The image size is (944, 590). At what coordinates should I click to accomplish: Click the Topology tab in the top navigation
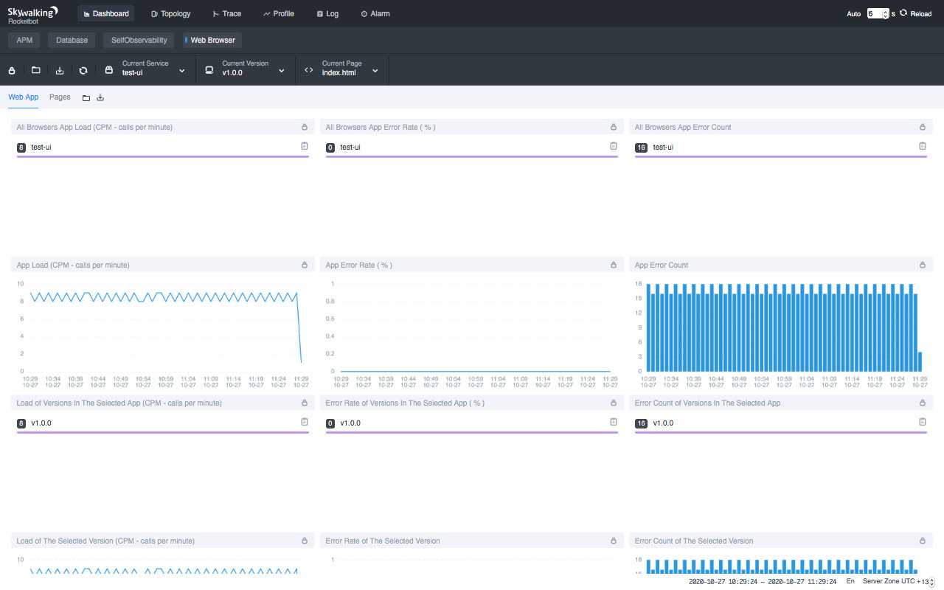[x=170, y=14]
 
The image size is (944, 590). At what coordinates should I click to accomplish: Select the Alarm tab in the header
[x=375, y=14]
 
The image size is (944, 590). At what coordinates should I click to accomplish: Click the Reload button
[x=915, y=13]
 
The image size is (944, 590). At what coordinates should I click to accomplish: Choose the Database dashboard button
[x=72, y=40]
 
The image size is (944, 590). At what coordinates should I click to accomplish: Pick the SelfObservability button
[x=139, y=40]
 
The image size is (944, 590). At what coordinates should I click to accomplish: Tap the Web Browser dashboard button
[x=212, y=40]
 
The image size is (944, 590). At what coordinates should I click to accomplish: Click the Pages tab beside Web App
[x=60, y=97]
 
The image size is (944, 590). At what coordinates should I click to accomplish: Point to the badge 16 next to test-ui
[x=641, y=147]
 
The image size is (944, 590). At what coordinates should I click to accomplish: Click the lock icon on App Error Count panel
[x=922, y=265]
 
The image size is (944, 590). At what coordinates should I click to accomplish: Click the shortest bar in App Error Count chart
[x=920, y=361]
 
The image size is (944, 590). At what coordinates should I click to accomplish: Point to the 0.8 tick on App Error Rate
[x=331, y=301]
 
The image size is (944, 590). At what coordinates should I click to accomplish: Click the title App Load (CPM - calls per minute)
[x=73, y=265]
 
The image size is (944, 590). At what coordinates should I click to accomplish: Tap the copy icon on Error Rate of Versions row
[x=613, y=422]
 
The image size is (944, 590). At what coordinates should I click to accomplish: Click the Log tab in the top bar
[x=327, y=14]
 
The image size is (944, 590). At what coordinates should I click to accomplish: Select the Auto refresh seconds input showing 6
[x=876, y=13]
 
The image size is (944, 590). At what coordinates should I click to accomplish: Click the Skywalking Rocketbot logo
[x=32, y=14]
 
